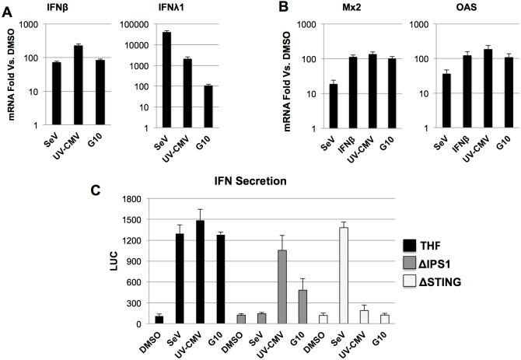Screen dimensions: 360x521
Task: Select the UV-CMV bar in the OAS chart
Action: click(x=466, y=89)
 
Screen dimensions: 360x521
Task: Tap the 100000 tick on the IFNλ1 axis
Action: click(x=134, y=25)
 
